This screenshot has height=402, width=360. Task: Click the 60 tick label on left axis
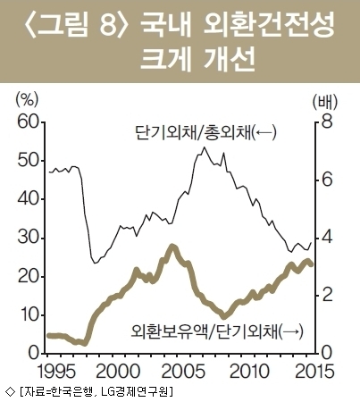coord(29,123)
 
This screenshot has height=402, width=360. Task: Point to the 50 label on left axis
coord(29,161)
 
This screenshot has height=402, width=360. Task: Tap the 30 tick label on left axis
coord(29,239)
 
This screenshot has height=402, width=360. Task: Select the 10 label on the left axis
coord(29,315)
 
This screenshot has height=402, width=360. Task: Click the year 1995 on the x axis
coord(56,372)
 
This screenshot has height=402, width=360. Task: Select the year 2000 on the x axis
coord(118,372)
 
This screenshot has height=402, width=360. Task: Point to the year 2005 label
coord(185,372)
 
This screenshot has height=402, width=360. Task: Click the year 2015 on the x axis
coord(314,372)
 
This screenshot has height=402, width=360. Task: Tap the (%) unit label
coord(27,100)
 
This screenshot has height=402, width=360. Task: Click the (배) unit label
coord(325,102)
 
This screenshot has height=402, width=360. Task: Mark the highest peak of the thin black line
coord(204,147)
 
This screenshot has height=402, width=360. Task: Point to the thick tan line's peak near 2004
coord(172,247)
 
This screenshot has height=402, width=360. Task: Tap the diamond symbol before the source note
coord(10,392)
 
